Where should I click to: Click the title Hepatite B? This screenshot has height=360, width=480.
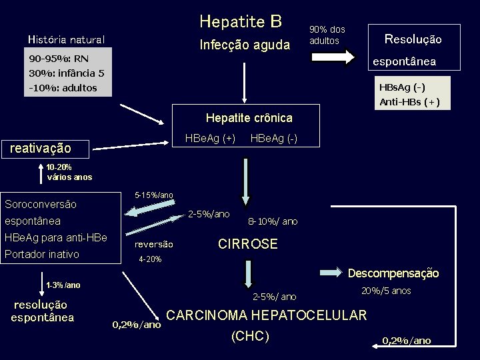pos(241,22)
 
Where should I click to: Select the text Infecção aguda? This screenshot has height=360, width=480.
pos(245,45)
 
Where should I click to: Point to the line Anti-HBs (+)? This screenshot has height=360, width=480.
pos(409,102)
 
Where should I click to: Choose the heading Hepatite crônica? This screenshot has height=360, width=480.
pos(249,118)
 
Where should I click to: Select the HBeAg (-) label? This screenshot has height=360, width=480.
pos(273,138)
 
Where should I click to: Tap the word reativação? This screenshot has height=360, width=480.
pos(40,148)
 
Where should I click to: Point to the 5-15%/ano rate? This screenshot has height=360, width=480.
pos(154,195)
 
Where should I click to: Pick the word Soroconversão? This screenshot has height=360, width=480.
pos(41,204)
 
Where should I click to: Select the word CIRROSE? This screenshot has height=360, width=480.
pos(248,244)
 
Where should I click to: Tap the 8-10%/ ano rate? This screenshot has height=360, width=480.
pos(273,221)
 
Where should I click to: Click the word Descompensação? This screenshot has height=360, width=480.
pos(393,273)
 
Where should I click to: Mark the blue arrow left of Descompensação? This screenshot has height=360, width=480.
pos(333,272)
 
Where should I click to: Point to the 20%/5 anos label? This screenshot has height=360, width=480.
pos(386,291)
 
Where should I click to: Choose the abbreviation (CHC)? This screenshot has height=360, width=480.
pos(250,337)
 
